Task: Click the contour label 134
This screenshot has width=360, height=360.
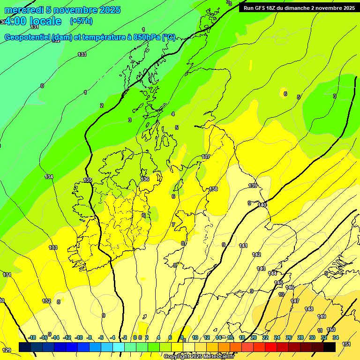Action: point(49,177)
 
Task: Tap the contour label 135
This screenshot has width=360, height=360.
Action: point(88,180)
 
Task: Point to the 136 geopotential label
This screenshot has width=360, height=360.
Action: point(145,179)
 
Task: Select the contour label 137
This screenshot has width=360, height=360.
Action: point(206,157)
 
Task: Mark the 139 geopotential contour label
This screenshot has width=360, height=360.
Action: point(253,186)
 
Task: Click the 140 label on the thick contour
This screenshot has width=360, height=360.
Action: point(262,205)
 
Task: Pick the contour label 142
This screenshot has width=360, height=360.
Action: point(256,255)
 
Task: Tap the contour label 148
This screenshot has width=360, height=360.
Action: point(309,309)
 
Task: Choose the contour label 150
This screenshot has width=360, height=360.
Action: point(331,330)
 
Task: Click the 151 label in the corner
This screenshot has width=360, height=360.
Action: point(346,344)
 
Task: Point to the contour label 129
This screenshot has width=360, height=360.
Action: point(7,350)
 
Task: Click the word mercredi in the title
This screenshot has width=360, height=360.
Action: point(23,10)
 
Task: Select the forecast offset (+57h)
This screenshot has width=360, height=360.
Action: point(81,21)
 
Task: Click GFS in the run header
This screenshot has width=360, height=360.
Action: point(261,8)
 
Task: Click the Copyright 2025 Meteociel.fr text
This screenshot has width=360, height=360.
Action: point(198,356)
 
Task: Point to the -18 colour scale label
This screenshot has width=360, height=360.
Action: point(32,337)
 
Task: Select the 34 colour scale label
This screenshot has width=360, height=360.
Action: point(336,337)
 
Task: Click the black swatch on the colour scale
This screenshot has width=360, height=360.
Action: point(329,347)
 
